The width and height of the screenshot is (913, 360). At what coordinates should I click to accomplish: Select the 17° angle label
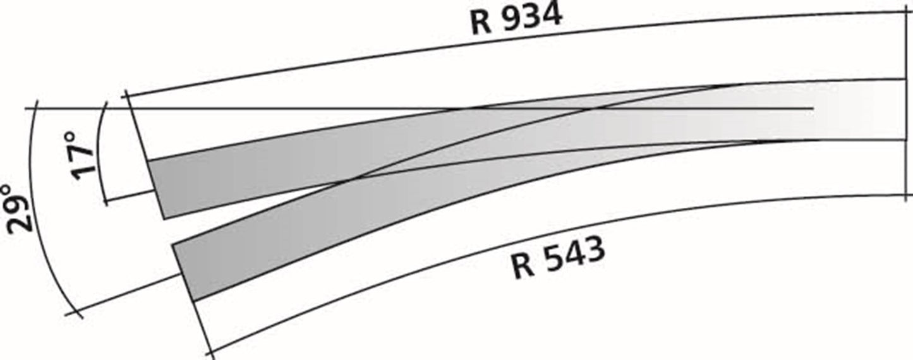[82, 155]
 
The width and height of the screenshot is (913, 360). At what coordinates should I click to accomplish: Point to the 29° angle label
[18, 209]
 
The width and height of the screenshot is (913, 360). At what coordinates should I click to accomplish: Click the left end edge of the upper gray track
[157, 189]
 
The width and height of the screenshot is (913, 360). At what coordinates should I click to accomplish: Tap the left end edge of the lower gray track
[182, 272]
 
